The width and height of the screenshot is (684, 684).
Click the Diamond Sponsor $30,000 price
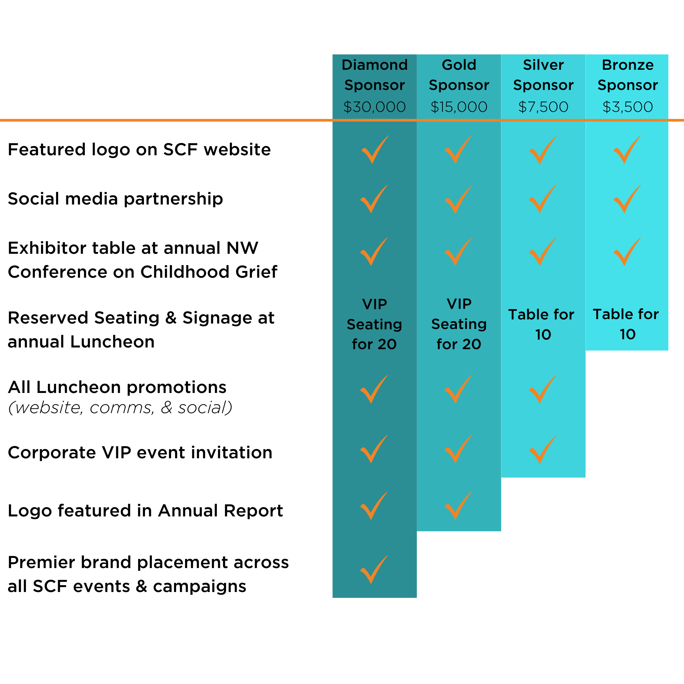(374, 107)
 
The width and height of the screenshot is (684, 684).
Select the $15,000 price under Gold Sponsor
(459, 107)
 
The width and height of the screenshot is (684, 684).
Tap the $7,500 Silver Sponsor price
(543, 107)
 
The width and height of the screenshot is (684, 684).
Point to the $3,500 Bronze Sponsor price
(627, 107)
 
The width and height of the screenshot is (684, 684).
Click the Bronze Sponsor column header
(627, 75)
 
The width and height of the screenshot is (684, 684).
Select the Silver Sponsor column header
(543, 75)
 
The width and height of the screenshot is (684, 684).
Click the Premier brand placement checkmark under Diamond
(373, 570)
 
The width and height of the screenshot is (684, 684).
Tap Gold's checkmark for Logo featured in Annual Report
(458, 505)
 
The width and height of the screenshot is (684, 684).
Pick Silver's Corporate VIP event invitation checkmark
(542, 450)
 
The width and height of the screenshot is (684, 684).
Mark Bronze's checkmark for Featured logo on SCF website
(627, 150)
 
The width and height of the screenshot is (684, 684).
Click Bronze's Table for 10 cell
(626, 324)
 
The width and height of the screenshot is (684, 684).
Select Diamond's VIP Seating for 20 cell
(374, 324)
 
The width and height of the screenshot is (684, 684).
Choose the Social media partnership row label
(115, 199)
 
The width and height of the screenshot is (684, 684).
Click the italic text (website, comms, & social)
(120, 408)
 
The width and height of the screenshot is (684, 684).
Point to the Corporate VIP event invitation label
(140, 452)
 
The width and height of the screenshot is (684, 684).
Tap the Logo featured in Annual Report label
(145, 511)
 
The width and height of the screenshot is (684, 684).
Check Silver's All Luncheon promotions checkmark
(542, 390)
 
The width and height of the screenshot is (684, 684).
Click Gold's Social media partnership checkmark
(458, 199)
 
